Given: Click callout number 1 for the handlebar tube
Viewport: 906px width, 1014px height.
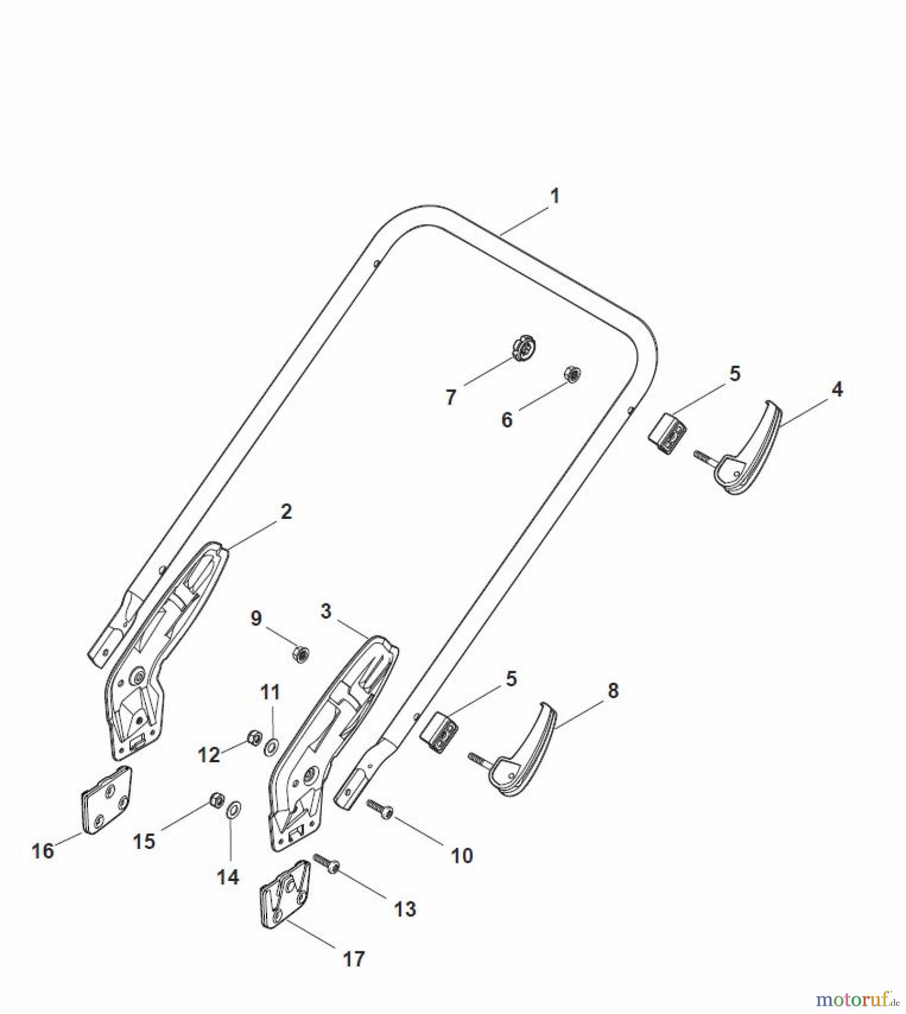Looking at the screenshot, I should pos(554,197).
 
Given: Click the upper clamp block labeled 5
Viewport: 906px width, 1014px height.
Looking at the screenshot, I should pos(667,433).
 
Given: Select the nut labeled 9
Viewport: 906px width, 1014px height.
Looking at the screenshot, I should pos(301,654).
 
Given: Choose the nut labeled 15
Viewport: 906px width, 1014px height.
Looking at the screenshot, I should pos(216,799).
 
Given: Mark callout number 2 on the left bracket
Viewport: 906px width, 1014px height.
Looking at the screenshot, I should pos(286,512).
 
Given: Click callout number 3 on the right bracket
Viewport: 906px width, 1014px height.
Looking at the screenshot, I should pos(326,612).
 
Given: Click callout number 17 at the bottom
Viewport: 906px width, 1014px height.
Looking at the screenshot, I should pos(354,959).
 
